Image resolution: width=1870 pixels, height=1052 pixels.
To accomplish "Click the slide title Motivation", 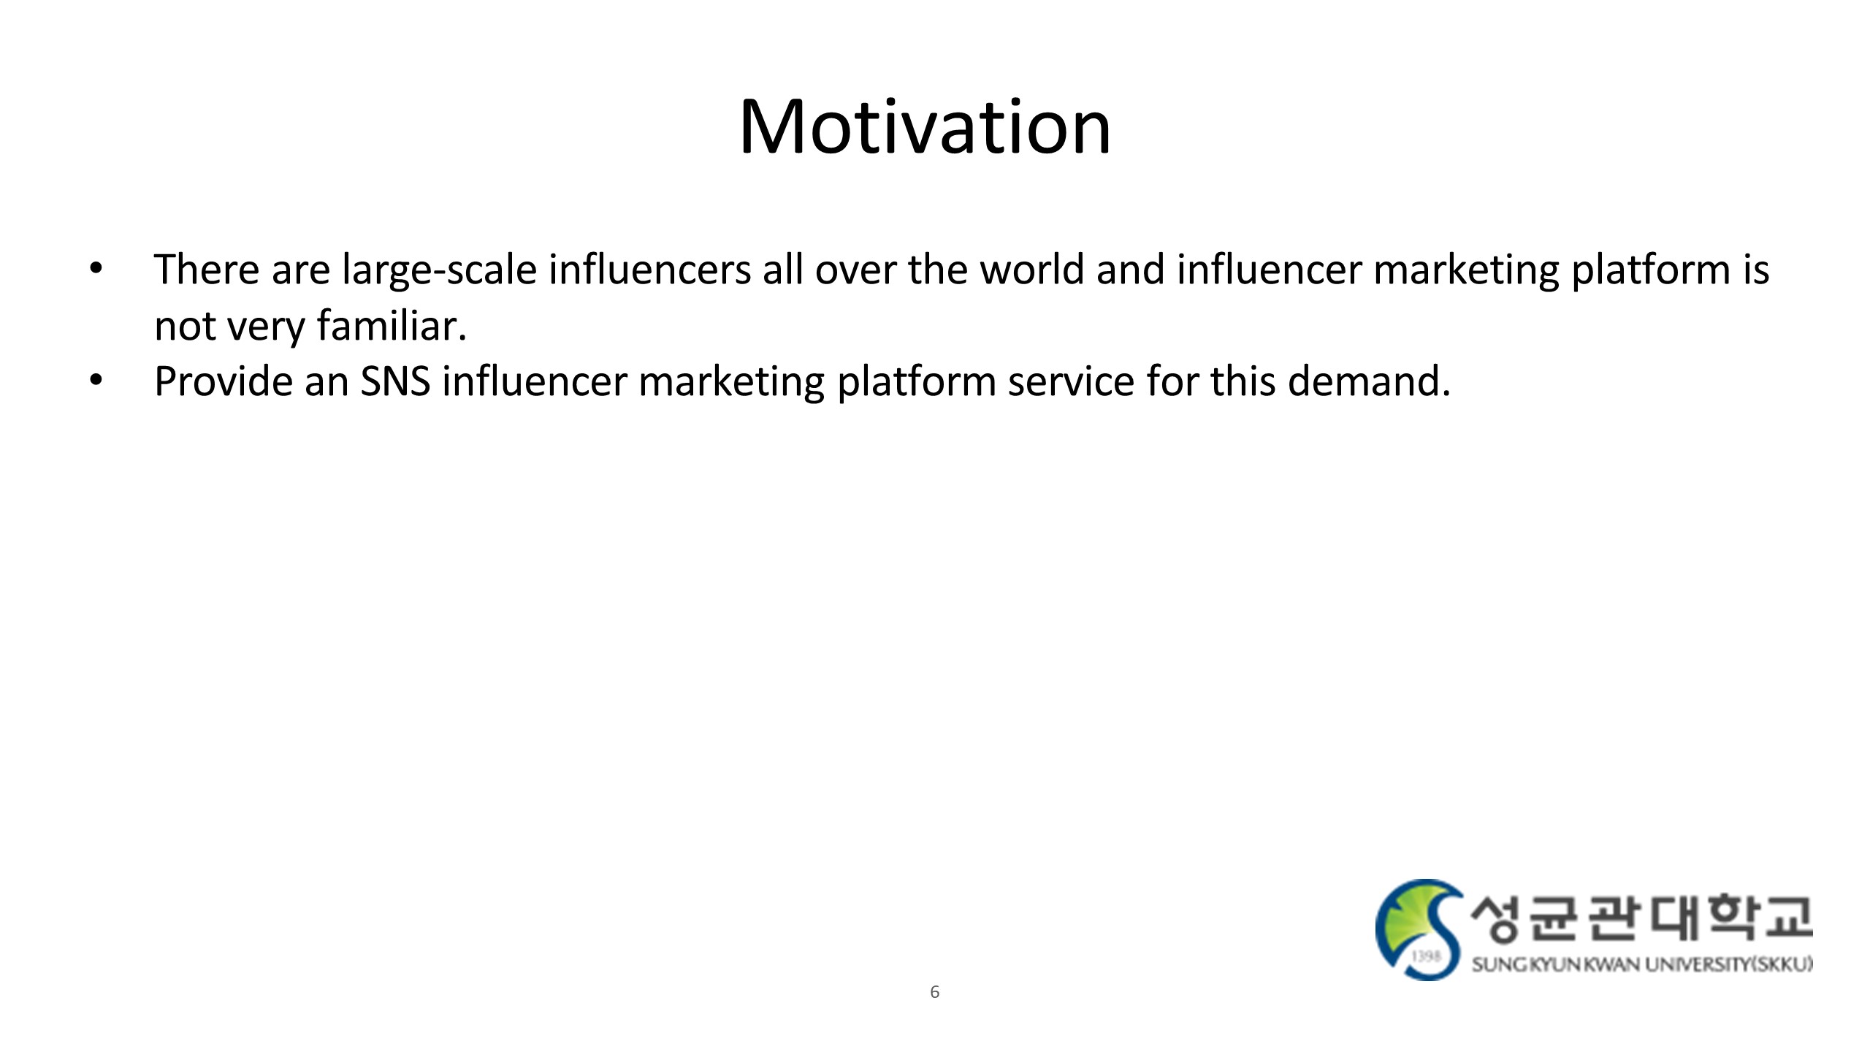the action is [x=925, y=127].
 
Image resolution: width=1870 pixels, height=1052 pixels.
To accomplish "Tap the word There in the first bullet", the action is [x=207, y=270].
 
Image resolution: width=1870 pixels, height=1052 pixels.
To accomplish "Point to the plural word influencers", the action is [x=650, y=269].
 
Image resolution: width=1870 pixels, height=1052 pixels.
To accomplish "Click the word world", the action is [x=1031, y=269].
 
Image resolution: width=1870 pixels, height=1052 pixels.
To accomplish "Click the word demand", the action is [x=1369, y=381].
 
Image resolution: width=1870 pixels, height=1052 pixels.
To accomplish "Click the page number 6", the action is [x=934, y=992].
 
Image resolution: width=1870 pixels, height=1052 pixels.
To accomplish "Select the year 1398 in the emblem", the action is [x=1426, y=956].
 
